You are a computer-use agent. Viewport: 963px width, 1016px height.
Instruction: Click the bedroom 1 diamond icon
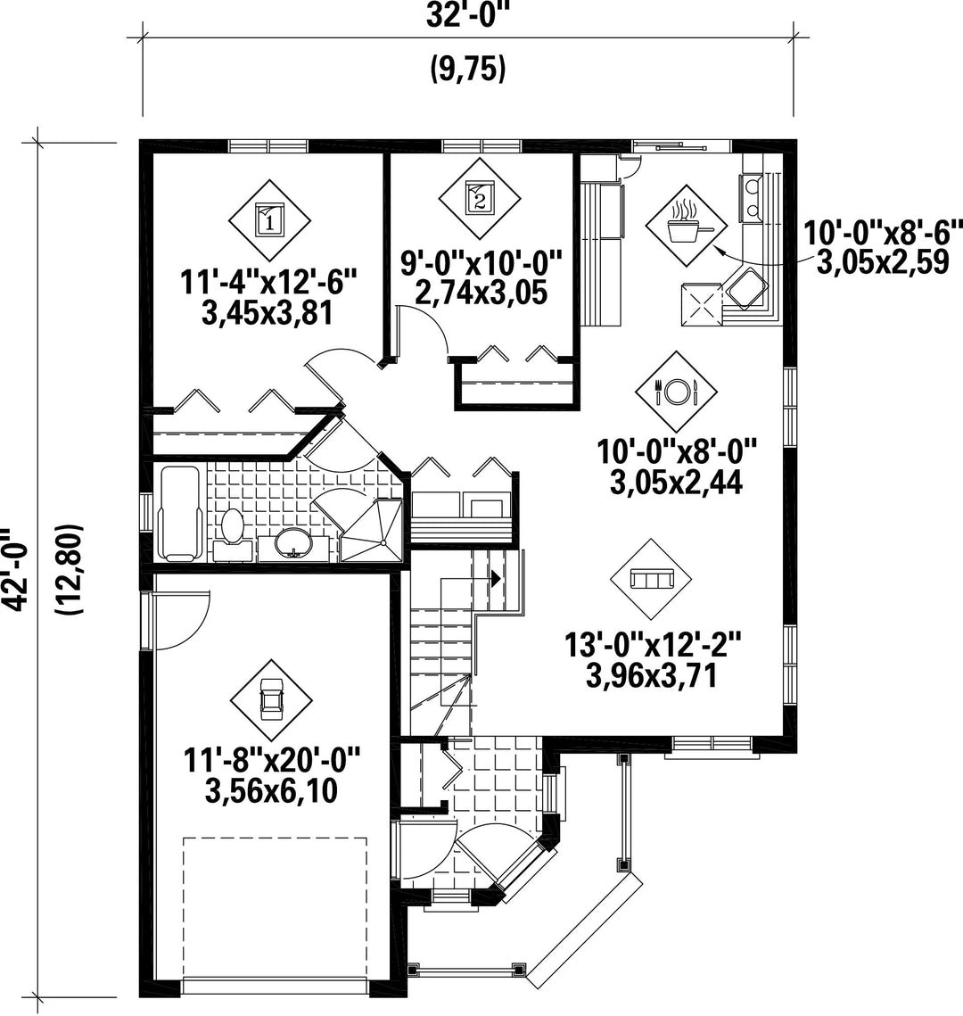pos(268,219)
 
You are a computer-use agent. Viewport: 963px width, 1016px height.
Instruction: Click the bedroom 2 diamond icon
pos(479,197)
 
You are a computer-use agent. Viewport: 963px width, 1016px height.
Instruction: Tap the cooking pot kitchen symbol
pos(687,225)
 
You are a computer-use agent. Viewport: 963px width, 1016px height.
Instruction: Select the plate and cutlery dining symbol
pos(676,392)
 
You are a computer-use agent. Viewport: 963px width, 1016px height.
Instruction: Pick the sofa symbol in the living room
pos(651,579)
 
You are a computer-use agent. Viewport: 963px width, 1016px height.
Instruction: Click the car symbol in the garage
pos(271,700)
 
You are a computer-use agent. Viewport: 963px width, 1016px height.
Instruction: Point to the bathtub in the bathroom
pos(178,513)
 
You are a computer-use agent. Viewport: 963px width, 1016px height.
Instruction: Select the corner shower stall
pos(371,529)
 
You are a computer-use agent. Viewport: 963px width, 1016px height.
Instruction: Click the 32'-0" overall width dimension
pos(467,16)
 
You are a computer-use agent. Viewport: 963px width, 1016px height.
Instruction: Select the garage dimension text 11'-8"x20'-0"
pos(271,759)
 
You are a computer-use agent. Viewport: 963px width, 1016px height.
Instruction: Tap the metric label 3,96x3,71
pos(651,676)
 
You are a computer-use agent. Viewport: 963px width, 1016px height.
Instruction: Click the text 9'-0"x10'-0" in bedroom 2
pos(481,264)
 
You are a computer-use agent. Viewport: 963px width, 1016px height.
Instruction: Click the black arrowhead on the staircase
pos(496,578)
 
